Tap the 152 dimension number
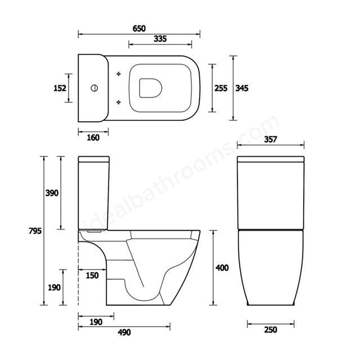(x=60, y=88)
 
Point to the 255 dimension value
(x=221, y=88)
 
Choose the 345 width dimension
(x=242, y=88)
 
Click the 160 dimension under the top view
(x=93, y=137)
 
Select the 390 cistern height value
(x=52, y=193)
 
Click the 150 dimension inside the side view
(x=92, y=275)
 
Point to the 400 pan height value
(x=222, y=268)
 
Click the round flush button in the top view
(x=94, y=88)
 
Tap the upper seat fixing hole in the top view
(x=118, y=75)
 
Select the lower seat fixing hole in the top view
(x=118, y=102)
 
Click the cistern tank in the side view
(x=93, y=194)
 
